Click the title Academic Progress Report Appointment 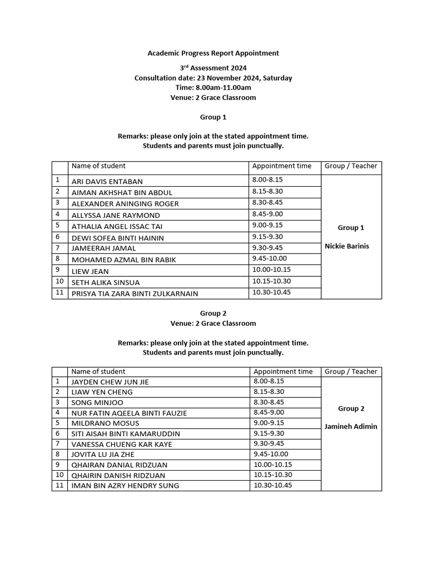coord(213,53)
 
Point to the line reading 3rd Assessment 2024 coord(213,68)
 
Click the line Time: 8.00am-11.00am coord(213,88)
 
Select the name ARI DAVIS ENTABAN coord(107,182)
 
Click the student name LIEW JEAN coord(90,272)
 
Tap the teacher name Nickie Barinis coord(351,246)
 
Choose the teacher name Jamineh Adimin coord(351,427)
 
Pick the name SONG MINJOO coord(97,402)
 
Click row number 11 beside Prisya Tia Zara coord(58,293)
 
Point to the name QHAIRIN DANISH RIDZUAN coord(119,476)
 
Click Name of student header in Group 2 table coord(98,372)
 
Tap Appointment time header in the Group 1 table coord(282,166)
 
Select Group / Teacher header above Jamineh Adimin coord(351,372)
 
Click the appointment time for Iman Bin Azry coord(272,485)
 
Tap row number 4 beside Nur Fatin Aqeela coord(57,412)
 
